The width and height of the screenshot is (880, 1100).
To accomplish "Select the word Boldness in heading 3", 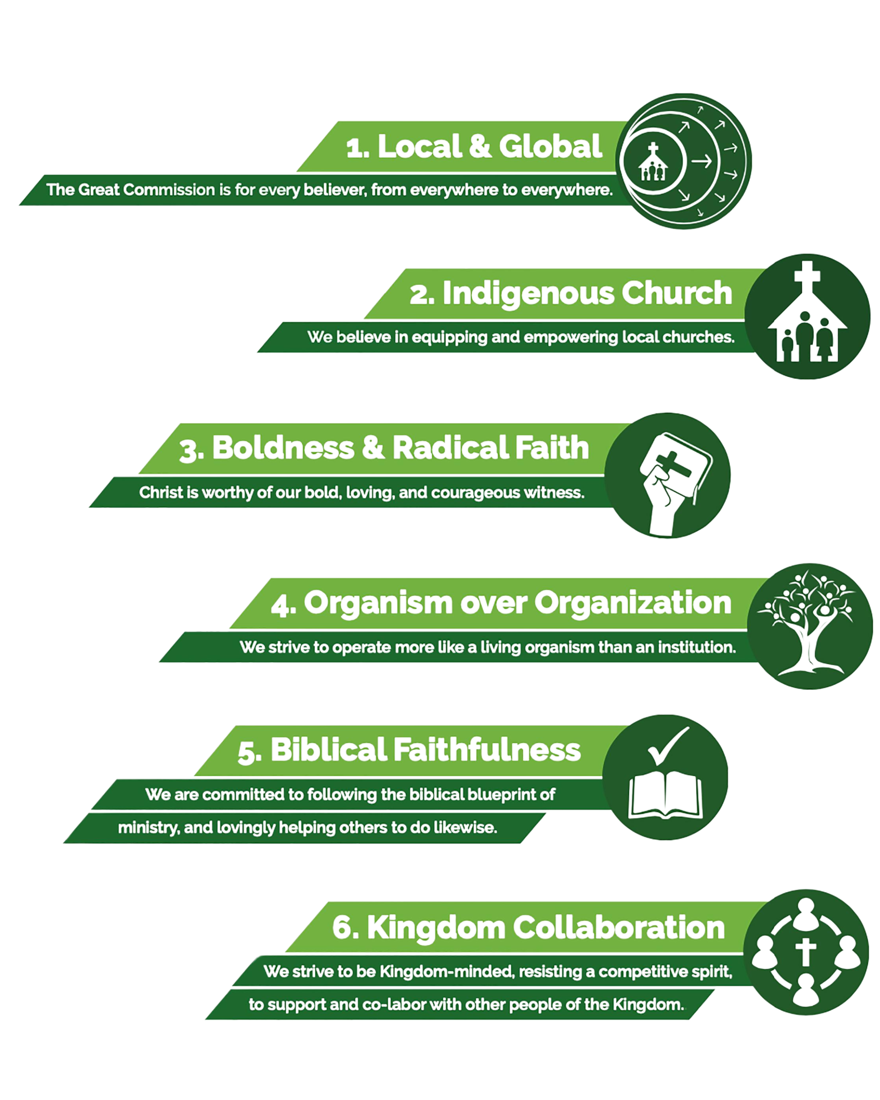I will pyautogui.click(x=283, y=448).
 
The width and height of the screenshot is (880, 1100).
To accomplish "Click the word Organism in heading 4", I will pyautogui.click(x=378, y=603).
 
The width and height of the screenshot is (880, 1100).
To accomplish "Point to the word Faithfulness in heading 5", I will pyautogui.click(x=487, y=750).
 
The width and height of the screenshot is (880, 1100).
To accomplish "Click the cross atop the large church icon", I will pyautogui.click(x=807, y=276).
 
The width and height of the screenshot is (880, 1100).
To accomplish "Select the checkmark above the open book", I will pyautogui.click(x=668, y=746).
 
